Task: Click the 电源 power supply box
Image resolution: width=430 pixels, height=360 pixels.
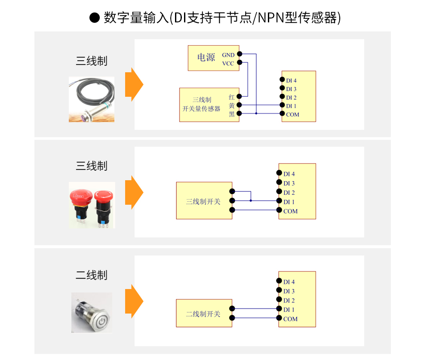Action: (x=206, y=58)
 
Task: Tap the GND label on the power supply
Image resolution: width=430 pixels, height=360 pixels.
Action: (x=228, y=55)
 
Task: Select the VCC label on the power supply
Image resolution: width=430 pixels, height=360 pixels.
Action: (x=228, y=64)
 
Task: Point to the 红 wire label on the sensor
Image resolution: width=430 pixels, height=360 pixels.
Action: (x=232, y=97)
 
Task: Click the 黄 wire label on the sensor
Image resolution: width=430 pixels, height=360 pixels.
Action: (x=232, y=105)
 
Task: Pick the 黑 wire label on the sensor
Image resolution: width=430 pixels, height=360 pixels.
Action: (x=232, y=114)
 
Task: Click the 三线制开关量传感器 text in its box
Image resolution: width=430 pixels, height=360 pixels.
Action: (x=202, y=105)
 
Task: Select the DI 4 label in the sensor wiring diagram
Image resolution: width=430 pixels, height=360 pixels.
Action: (x=291, y=80)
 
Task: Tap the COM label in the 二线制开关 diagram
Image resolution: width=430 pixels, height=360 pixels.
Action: (x=290, y=319)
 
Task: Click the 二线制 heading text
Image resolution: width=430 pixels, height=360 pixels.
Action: (x=92, y=275)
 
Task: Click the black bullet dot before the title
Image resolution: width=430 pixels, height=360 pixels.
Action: (x=94, y=18)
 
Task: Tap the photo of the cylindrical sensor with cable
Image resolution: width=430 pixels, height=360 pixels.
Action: (x=92, y=99)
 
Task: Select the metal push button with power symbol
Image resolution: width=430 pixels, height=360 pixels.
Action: (x=92, y=313)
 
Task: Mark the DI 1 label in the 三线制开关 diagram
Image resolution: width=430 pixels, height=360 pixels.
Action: (x=289, y=202)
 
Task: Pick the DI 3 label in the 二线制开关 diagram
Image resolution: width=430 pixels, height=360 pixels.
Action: (x=289, y=291)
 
